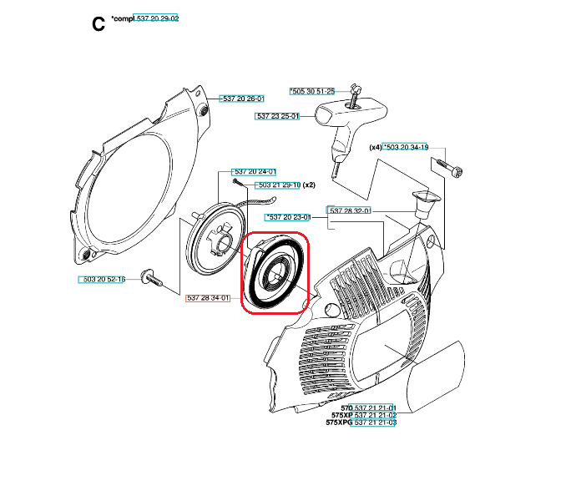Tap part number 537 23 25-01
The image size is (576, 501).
277,116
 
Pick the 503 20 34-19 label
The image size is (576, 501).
407,147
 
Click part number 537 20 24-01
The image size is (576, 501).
254,172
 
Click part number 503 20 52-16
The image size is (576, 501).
103,279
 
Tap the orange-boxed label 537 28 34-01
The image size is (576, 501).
207,297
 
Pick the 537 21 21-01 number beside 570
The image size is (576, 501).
375,407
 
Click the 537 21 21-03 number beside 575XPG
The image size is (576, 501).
375,423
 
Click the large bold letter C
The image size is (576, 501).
99,24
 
